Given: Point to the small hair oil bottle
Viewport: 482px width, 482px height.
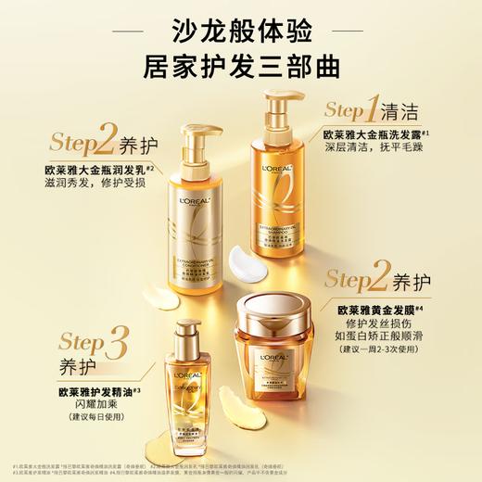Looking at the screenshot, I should click(x=197, y=389).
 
